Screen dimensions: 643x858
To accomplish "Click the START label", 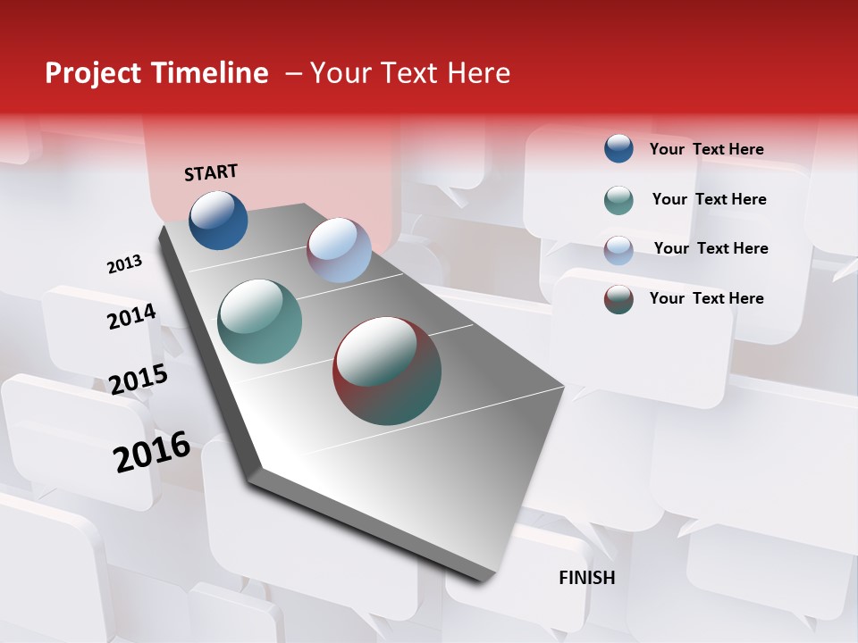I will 211,172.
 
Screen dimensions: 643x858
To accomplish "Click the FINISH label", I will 586,578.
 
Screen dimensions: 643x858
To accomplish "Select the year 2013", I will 124,264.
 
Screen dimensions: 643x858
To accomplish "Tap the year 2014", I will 131,317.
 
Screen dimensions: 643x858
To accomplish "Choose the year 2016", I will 152,452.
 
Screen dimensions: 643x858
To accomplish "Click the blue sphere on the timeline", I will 218,220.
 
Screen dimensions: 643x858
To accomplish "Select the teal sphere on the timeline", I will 259,321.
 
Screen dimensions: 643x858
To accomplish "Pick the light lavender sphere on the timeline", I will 339,250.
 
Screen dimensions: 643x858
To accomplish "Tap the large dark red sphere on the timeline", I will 387,371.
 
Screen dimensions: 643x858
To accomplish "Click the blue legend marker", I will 618,148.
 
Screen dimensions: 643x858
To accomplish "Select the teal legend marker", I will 618,200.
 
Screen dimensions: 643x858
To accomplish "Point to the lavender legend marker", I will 618,250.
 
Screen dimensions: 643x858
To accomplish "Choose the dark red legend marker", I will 618,299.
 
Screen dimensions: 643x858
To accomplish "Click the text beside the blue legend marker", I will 706,149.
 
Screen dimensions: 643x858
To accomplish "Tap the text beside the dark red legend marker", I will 706,298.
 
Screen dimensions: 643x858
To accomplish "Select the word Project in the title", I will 93,73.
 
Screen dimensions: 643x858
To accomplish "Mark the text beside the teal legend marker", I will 709,199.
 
